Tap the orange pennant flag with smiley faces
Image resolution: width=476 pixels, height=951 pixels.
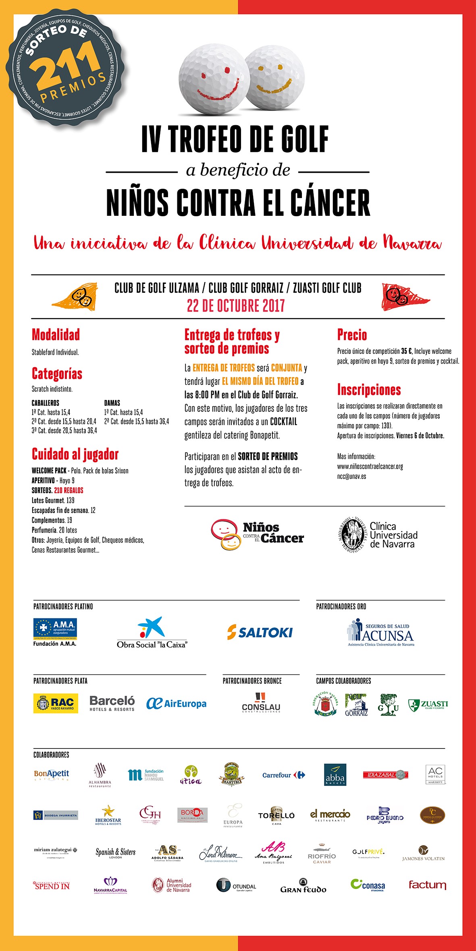click(77, 297)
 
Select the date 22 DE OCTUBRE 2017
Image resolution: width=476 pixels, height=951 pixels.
click(236, 306)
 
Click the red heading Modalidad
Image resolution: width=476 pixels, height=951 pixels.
click(56, 335)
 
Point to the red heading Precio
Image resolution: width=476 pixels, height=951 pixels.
click(352, 335)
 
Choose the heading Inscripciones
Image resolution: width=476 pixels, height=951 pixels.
click(369, 390)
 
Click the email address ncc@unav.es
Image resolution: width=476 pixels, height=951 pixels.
click(351, 476)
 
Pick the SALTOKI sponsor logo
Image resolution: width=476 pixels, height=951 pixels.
click(260, 632)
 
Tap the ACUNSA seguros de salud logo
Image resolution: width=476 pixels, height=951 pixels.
click(381, 633)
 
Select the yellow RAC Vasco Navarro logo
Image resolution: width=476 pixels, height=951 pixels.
click(56, 703)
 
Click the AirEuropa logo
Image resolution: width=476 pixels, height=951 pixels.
click(176, 703)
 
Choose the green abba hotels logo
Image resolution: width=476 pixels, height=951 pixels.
click(335, 775)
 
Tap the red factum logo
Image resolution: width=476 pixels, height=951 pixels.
click(427, 885)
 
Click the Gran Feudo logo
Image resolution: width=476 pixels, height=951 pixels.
click(303, 886)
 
